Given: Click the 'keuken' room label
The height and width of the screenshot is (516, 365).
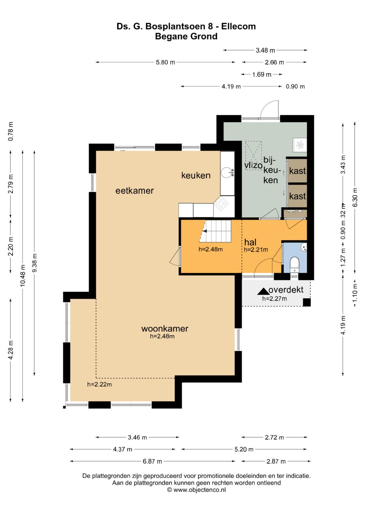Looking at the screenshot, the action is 196,175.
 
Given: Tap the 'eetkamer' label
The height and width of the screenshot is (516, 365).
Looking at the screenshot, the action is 135,191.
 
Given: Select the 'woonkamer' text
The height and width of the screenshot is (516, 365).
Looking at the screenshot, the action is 165,328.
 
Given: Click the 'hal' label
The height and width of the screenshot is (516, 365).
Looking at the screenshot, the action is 250,242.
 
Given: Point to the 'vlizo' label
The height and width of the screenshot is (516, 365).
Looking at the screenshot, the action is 253,165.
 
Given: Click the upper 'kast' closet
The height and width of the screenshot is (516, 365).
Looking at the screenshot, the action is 297,171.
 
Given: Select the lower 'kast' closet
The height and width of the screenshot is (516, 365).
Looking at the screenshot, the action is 297,196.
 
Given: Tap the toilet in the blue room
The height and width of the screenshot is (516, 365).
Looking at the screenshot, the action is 294,265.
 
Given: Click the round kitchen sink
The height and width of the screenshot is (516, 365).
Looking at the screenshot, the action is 227,173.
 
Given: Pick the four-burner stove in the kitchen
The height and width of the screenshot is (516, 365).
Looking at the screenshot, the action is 220,204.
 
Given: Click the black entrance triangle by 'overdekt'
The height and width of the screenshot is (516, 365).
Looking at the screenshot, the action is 263,292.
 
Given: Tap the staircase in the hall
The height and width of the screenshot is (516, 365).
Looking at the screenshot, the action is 215,231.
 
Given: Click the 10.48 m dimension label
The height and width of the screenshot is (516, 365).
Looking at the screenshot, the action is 23,276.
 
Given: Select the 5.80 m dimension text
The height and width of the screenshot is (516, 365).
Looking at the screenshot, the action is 165,62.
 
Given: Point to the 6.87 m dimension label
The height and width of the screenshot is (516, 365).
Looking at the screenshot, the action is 152,461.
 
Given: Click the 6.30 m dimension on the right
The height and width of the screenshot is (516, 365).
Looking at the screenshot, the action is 355,197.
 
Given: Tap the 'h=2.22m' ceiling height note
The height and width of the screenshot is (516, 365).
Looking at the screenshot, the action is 100,384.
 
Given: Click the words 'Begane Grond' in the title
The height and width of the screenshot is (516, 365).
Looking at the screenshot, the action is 186,36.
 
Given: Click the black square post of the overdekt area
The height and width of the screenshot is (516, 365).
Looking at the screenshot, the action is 307,302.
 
